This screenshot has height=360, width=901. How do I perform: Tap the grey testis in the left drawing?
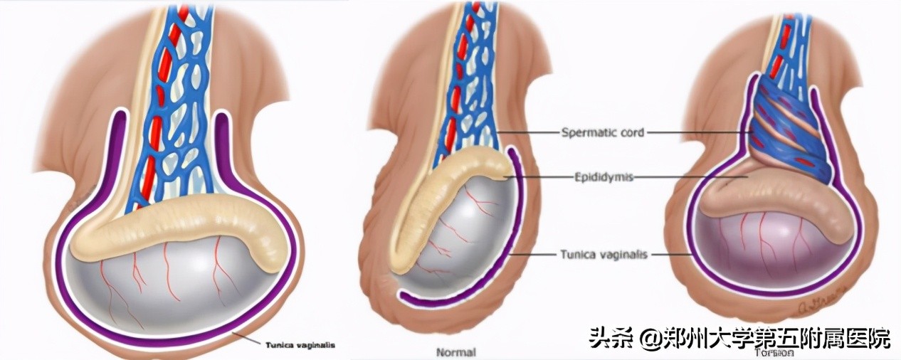point(178,292)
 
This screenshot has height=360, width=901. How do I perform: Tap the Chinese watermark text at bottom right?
point(740,339)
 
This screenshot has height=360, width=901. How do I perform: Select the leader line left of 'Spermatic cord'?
point(527,132)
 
